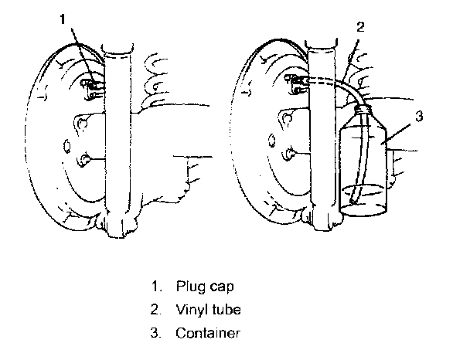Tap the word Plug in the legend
(189, 286)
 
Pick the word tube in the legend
(227, 310)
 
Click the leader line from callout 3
(403, 131)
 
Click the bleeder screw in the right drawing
(296, 80)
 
